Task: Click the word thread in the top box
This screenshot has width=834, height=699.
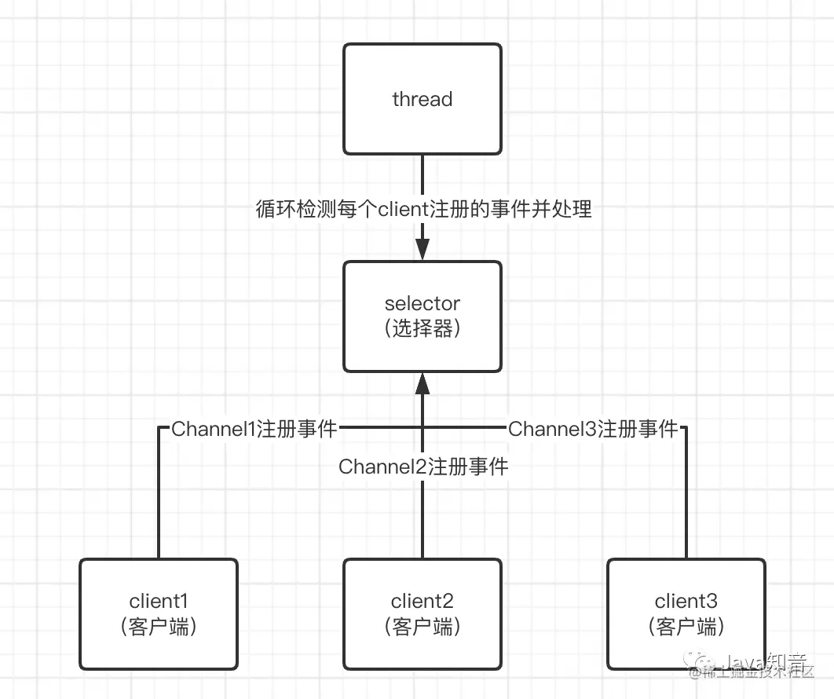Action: tap(422, 99)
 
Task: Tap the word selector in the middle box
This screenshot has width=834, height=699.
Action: tap(422, 303)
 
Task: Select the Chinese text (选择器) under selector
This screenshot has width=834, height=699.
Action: tap(422, 329)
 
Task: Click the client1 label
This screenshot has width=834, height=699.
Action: tap(159, 602)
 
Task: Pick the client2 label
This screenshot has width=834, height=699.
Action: tap(422, 602)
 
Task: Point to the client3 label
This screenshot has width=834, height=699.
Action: tap(686, 602)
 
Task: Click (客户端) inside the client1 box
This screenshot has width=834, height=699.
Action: tap(159, 627)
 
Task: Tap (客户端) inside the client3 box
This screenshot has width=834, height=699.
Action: tap(686, 627)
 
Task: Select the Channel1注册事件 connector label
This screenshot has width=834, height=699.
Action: tap(254, 429)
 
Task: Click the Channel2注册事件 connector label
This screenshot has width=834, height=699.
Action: tap(423, 467)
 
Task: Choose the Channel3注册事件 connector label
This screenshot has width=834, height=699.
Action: tap(593, 429)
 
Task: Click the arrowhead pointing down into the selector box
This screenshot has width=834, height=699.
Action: tap(422, 251)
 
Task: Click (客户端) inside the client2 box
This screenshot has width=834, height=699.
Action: tap(422, 627)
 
